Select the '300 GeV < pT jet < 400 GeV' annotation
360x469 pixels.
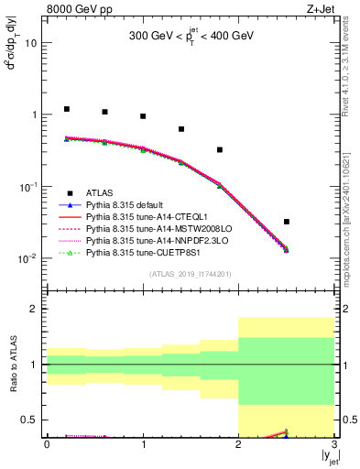(190, 39)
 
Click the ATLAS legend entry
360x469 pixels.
(101, 193)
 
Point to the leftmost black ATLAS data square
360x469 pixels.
(66, 109)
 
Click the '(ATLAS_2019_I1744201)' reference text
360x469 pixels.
(190, 275)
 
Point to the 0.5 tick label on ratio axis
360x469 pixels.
(30, 420)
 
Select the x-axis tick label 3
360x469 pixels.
(334, 444)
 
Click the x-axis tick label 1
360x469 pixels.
(143, 444)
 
